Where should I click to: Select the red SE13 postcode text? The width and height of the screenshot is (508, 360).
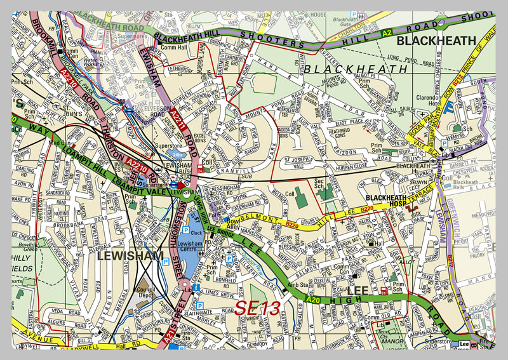(258, 308)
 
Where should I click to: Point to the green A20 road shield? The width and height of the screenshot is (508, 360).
(312, 298)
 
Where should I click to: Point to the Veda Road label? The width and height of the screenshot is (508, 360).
(65, 311)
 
